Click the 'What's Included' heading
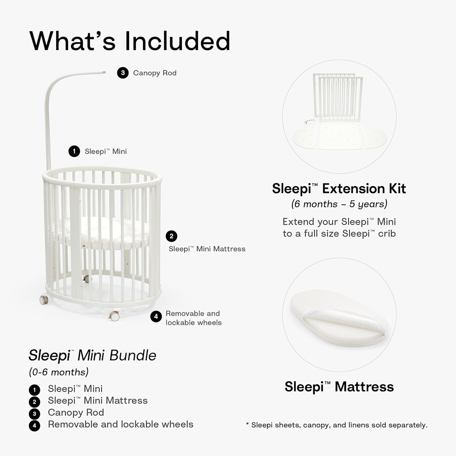pos(130,41)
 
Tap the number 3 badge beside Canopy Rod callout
pos(123,73)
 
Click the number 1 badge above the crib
pos(74,151)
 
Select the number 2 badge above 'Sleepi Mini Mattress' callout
pos(171,236)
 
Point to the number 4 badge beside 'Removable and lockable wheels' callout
pos(156,317)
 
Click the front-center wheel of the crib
pos(114,316)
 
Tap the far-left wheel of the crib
pos(44,300)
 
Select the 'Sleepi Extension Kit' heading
pos(339,189)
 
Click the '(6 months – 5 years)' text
pos(339,204)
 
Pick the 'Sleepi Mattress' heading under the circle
pos(339,387)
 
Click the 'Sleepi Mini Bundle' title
pos(93,356)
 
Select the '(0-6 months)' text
pos(59,372)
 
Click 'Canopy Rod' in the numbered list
pos(76,413)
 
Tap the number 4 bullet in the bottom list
pos(34,426)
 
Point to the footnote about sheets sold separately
pos(337,425)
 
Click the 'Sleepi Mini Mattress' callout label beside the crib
pos(207,249)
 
